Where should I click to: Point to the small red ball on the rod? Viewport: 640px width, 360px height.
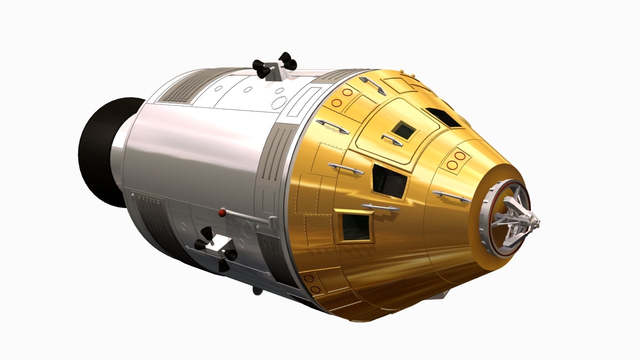click(x=221, y=213)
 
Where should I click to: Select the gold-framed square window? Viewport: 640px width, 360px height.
click(x=355, y=226)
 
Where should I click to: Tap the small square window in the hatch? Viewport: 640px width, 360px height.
click(x=403, y=130)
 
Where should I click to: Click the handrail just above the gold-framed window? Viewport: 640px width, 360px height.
click(x=380, y=206)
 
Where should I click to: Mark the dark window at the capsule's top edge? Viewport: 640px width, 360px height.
click(x=442, y=116)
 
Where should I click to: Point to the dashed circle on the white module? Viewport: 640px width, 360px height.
click(x=278, y=102)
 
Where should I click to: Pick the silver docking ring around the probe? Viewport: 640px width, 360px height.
click(x=492, y=220)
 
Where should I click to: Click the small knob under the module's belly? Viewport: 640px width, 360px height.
click(x=256, y=290)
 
